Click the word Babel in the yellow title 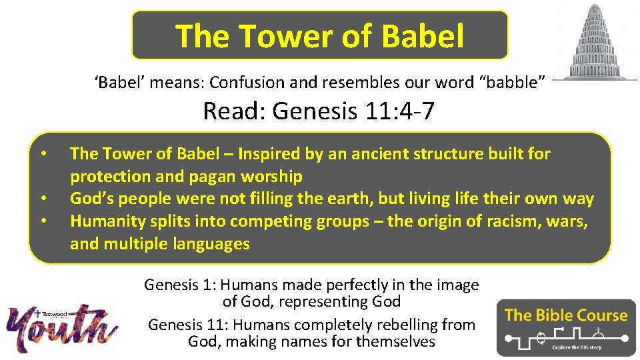click(x=423, y=36)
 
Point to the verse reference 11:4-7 click(x=399, y=111)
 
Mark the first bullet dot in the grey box click(x=43, y=154)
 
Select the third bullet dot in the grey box click(x=43, y=221)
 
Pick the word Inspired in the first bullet click(x=270, y=154)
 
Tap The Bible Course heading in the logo click(x=566, y=315)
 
